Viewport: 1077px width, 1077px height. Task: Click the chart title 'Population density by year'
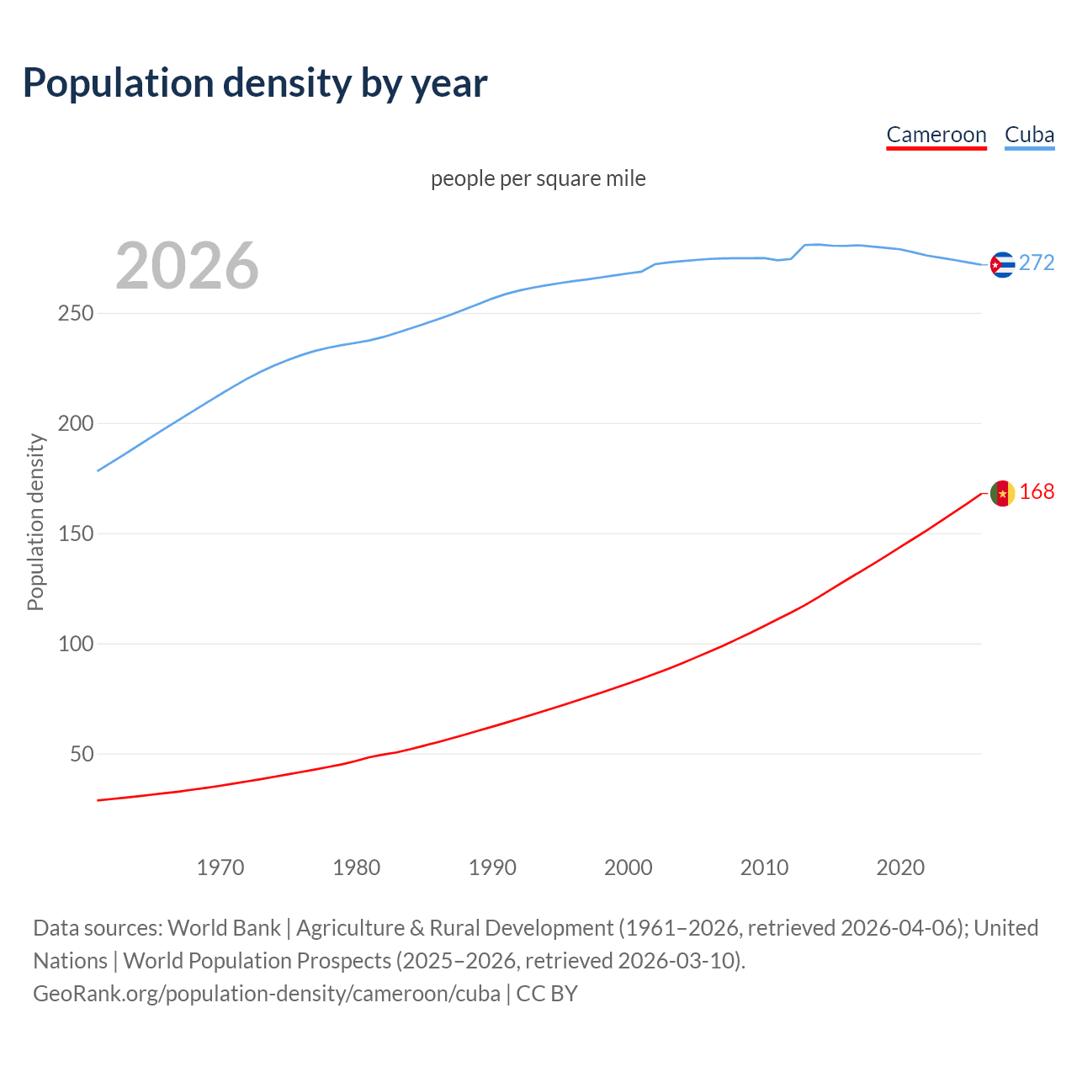(x=255, y=83)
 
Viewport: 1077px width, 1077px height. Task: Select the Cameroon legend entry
(x=936, y=135)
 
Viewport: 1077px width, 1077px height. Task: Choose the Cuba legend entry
(x=1029, y=135)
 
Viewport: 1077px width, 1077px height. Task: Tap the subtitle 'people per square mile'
(x=538, y=179)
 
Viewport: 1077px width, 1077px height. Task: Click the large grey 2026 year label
(x=187, y=266)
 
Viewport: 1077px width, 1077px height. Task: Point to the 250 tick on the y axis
(x=75, y=314)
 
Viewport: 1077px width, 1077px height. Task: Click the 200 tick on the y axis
(x=75, y=424)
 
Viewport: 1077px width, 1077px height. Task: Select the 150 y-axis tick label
(x=75, y=534)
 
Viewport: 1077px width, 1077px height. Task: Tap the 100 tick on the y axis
(x=75, y=645)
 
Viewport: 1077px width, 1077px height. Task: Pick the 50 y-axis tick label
(x=82, y=755)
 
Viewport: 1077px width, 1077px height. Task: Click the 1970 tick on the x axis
(x=220, y=867)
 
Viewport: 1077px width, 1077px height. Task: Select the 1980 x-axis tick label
(x=356, y=867)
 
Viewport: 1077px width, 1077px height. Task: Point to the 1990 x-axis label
(x=492, y=867)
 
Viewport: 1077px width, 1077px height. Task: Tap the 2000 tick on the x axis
(x=629, y=867)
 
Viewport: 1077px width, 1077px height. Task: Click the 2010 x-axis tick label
(x=764, y=867)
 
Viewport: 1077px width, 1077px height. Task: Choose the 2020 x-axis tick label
(x=900, y=867)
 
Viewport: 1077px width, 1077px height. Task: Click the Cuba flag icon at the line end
(x=1002, y=264)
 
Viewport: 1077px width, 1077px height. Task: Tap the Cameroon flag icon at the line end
(x=1002, y=493)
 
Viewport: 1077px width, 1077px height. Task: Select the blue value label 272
(x=1037, y=263)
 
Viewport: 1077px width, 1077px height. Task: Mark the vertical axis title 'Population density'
(x=35, y=522)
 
